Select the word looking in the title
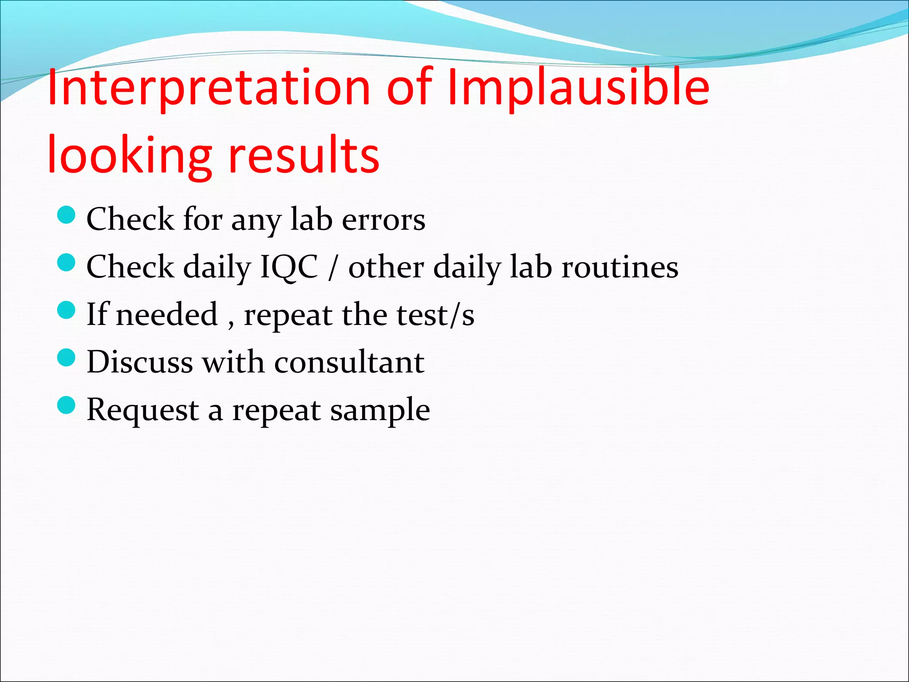tap(129, 155)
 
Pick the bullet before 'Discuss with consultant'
tap(67, 357)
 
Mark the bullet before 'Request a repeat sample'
tap(67, 405)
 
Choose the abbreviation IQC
tap(289, 267)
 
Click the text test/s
tap(435, 315)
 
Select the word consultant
tap(349, 362)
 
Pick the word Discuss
tap(139, 362)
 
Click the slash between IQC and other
tap(332, 268)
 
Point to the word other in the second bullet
tap(386, 267)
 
